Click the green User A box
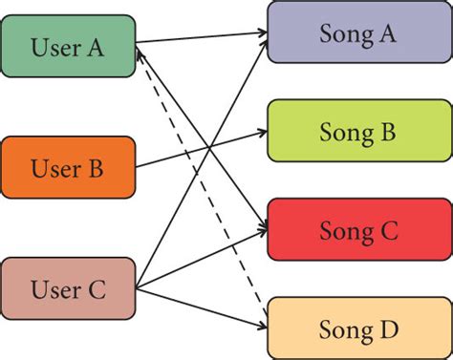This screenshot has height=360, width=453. coord(69,45)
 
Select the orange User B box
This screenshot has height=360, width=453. coord(69,168)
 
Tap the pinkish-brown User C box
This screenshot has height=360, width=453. coord(69,288)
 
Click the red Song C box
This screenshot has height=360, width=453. coord(359,230)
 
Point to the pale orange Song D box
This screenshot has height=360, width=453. coord(359,328)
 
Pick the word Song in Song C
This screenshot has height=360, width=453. coord(343,231)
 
